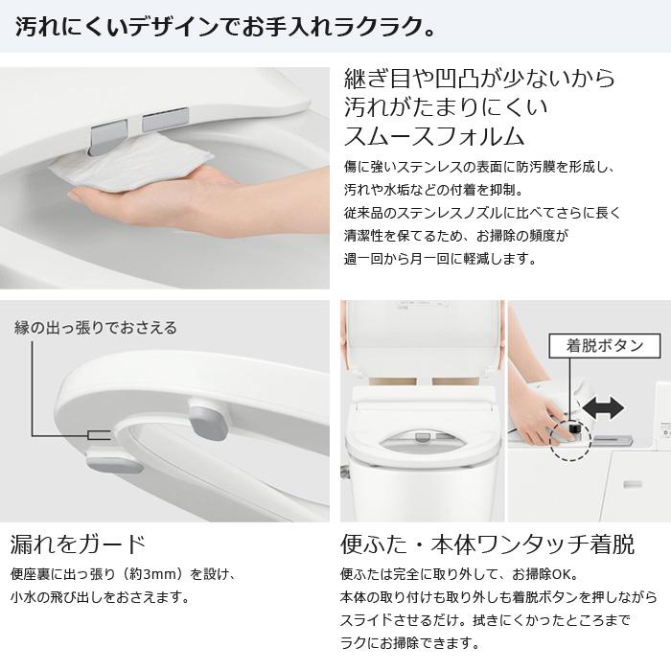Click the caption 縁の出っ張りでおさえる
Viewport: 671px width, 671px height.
tap(96, 328)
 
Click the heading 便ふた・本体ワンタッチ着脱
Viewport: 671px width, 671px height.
tap(487, 544)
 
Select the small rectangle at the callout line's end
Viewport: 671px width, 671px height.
tap(92, 435)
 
